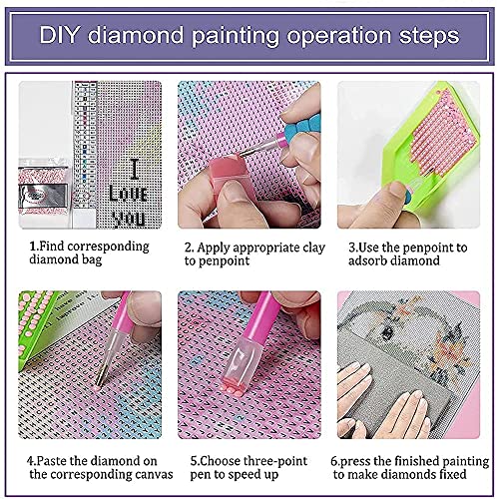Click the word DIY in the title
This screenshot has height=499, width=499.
[63, 36]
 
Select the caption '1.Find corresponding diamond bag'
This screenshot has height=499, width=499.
[88, 253]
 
